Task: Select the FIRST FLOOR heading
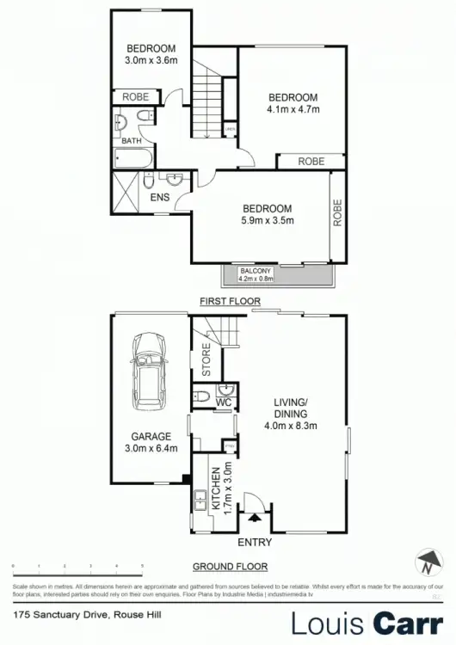(227, 302)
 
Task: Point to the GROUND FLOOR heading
(229, 566)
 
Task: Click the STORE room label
(206, 360)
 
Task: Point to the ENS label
(160, 198)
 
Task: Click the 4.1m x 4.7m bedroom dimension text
(293, 110)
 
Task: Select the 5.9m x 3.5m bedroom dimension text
(268, 221)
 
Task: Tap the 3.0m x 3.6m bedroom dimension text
(151, 60)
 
